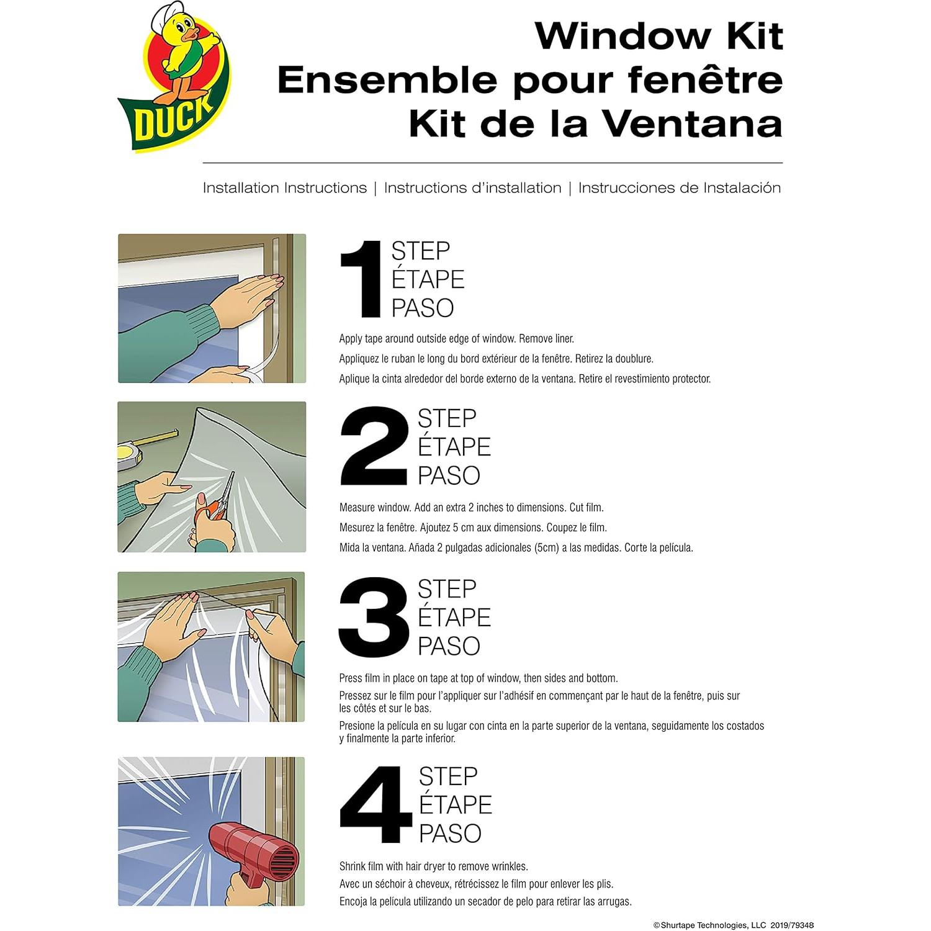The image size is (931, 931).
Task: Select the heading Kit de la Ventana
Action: (595, 124)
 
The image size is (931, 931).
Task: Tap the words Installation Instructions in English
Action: (285, 188)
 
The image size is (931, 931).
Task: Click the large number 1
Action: (361, 280)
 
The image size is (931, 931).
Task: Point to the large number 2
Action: (374, 447)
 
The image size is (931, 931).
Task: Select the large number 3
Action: (373, 618)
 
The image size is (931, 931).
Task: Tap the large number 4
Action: (375, 805)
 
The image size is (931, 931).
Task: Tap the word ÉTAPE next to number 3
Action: (454, 618)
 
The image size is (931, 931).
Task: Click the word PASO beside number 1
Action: (423, 308)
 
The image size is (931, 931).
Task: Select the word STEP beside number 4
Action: (448, 776)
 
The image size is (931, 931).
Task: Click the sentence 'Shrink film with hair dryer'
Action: (433, 866)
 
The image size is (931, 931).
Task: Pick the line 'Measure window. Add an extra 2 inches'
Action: (471, 508)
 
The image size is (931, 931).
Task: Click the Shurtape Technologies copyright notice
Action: (733, 925)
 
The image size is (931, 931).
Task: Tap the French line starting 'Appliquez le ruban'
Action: (496, 359)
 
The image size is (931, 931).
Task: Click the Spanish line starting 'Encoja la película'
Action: (485, 902)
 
